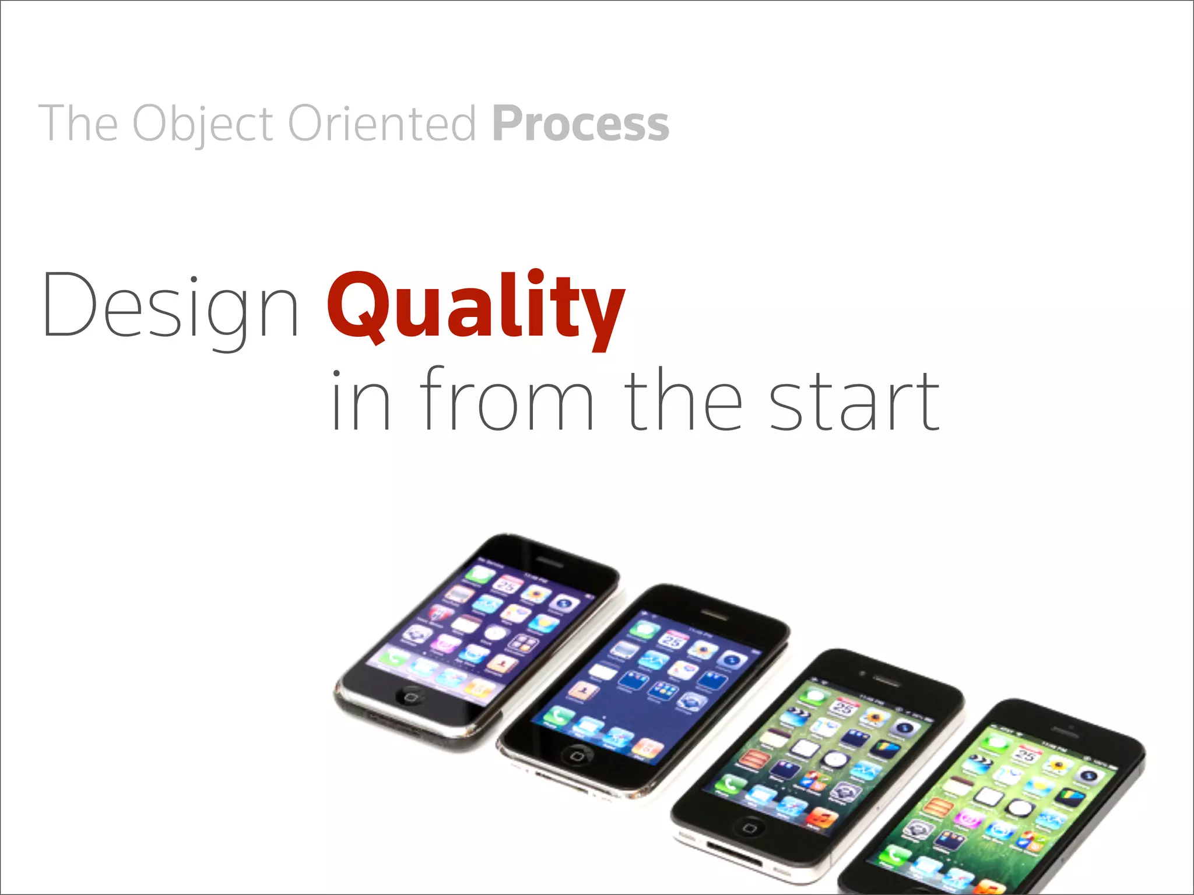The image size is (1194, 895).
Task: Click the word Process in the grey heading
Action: pos(581,124)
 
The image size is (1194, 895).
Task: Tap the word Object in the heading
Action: pos(202,124)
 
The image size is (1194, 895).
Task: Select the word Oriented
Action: pos(382,124)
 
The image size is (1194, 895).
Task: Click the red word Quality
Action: pos(475,307)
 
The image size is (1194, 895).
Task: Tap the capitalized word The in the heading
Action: pos(78,124)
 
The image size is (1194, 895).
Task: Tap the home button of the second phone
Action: pos(577,756)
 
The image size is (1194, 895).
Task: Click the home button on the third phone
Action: pos(750,826)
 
